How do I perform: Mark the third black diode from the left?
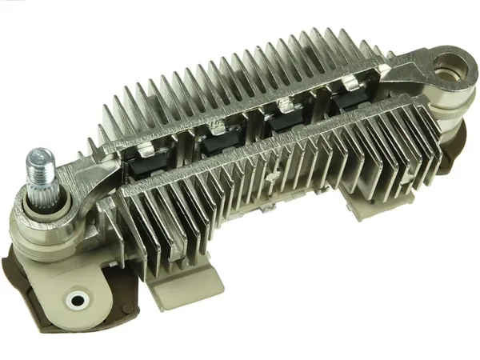pyautogui.click(x=282, y=126)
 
